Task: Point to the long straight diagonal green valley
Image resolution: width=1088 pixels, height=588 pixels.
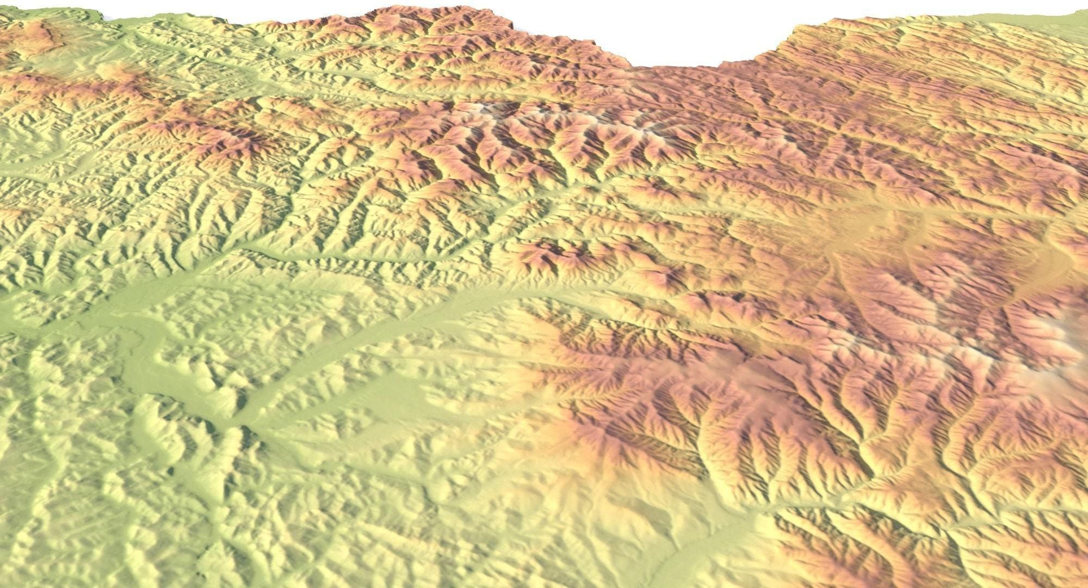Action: [381, 327]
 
